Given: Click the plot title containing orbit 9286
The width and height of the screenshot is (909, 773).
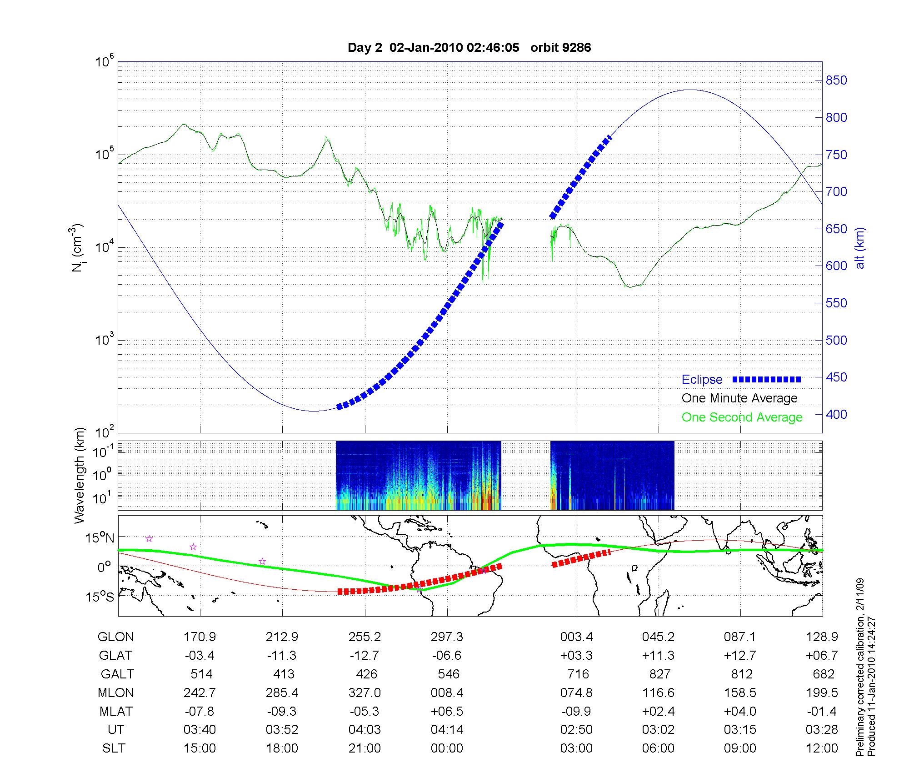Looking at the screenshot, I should coord(469,47).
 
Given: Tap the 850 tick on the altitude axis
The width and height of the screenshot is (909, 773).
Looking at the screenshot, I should coord(836,80).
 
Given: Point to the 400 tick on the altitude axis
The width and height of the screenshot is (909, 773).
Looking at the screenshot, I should coord(836,414).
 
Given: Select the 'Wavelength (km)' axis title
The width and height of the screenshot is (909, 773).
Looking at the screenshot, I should coord(80,475).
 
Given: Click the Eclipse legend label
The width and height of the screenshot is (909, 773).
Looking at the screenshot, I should coord(702,379).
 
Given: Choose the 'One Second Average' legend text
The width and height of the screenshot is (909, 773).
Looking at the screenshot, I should coord(742,417).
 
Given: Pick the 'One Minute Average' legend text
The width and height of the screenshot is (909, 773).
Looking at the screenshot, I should coord(739,398).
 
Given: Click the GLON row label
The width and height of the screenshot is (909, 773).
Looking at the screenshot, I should coord(115,637).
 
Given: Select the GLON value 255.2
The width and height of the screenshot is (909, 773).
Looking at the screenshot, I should coord(365,637).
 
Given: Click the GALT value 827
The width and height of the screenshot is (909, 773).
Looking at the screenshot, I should coord(659,674).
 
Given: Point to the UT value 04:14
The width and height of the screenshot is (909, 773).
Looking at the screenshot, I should coord(447,730).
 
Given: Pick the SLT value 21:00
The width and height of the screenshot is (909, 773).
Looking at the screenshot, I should coord(365,748).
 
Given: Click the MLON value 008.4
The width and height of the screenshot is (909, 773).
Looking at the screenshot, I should coord(447,693).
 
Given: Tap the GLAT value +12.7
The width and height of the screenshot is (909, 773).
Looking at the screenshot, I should coord(740,655).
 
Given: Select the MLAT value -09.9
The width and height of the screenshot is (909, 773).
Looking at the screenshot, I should coord(576,711).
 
